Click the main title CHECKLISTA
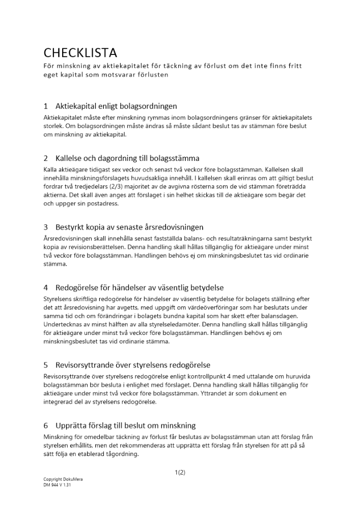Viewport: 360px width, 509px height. pyautogui.click(x=80, y=52)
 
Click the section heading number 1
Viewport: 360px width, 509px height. pyautogui.click(x=46, y=106)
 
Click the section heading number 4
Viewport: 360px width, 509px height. pyautogui.click(x=46, y=288)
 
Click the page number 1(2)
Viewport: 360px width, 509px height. pyautogui.click(x=180, y=472)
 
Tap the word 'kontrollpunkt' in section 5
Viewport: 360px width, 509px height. pyautogui.click(x=198, y=376)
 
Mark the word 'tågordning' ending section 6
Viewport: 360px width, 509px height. pyautogui.click(x=122, y=455)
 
